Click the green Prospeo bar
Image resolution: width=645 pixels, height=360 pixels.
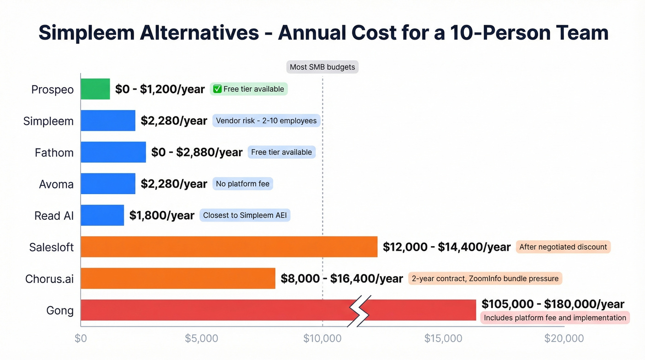[95, 89]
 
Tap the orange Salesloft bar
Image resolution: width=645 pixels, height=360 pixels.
[229, 247]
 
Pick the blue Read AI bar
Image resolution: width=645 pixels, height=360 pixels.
[102, 215]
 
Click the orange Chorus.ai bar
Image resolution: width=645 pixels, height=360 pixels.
[178, 278]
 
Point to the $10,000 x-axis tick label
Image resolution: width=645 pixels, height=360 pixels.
[322, 338]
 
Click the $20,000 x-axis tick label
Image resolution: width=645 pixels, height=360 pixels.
[564, 338]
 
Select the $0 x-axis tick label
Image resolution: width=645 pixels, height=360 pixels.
[81, 338]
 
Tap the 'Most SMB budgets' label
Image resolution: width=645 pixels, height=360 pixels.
[322, 67]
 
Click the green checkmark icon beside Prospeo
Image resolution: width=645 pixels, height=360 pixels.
[218, 89]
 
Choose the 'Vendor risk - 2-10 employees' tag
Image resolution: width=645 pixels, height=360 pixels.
[266, 121]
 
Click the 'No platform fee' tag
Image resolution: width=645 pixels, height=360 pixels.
[243, 184]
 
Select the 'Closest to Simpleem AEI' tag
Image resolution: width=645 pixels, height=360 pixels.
[245, 215]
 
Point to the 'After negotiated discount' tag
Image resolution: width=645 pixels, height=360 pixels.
[563, 247]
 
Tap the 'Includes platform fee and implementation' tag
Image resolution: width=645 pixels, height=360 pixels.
[555, 318]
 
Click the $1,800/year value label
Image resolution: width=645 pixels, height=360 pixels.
[162, 215]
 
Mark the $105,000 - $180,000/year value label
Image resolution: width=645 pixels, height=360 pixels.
[553, 304]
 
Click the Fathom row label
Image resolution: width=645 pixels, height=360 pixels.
[54, 153]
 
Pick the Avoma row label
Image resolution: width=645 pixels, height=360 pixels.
[56, 184]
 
